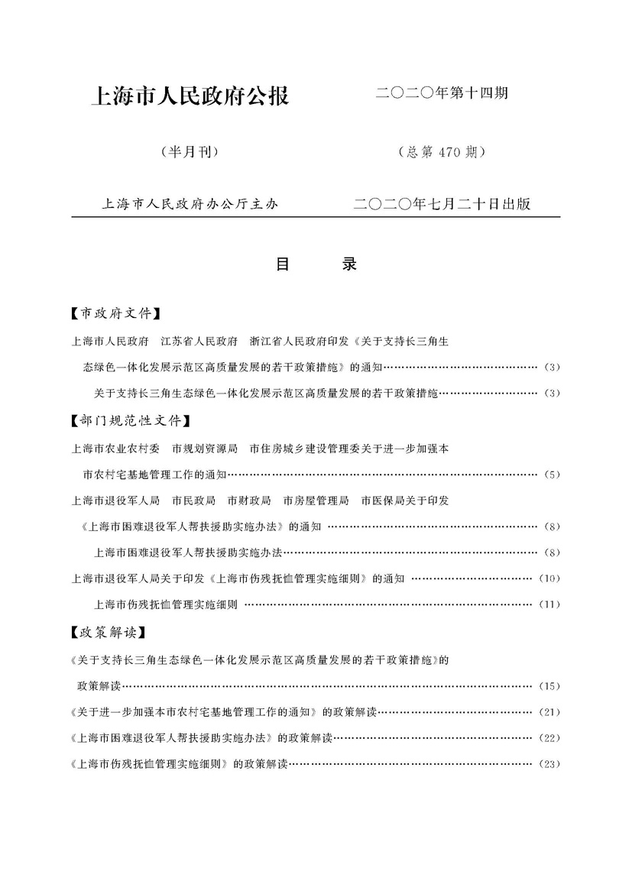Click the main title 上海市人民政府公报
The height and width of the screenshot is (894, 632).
[190, 97]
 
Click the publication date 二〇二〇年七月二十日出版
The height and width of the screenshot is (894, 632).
[442, 204]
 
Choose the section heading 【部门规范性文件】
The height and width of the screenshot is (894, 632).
[129, 420]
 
